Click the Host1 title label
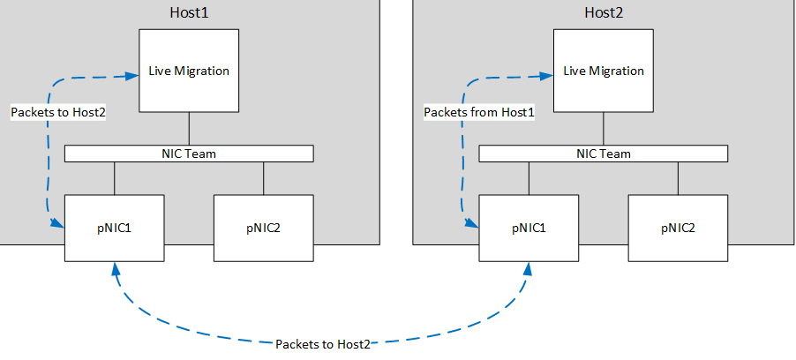pyautogui.click(x=190, y=12)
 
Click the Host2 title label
pyautogui.click(x=604, y=12)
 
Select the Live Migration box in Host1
pyautogui.click(x=190, y=71)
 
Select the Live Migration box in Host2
pyautogui.click(x=604, y=71)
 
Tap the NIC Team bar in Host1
pyautogui.click(x=189, y=154)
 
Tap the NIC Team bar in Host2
pyautogui.click(x=604, y=154)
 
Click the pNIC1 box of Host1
pyautogui.click(x=114, y=228)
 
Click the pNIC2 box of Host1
pyautogui.click(x=264, y=228)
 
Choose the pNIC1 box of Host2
pyautogui.click(x=529, y=228)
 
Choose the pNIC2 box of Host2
pyautogui.click(x=679, y=228)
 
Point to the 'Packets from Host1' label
pyautogui.click(x=479, y=112)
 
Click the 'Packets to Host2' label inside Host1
pyautogui.click(x=58, y=112)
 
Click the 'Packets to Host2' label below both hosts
pyautogui.click(x=323, y=344)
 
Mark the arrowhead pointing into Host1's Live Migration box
pyautogui.click(x=133, y=76)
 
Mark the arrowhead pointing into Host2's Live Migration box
pyautogui.click(x=547, y=76)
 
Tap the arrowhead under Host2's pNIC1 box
pyautogui.click(x=529, y=268)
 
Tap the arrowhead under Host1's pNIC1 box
pyautogui.click(x=116, y=268)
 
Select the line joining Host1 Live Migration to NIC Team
pyautogui.click(x=190, y=129)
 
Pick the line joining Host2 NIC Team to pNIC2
pyautogui.click(x=679, y=178)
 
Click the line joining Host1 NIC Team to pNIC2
pyautogui.click(x=264, y=178)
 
